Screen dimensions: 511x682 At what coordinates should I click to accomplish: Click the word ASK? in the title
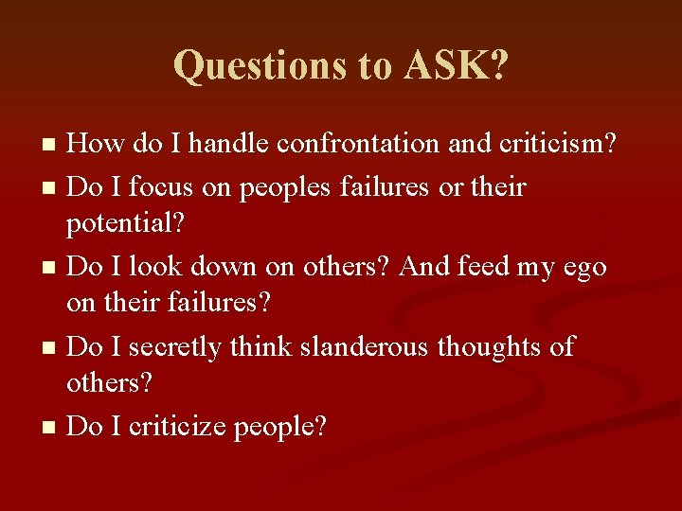pos(456,65)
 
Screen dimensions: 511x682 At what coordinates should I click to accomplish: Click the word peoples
pos(281,186)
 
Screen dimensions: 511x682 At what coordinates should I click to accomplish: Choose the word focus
pos(159,186)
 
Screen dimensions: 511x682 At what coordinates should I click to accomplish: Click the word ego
pos(584,268)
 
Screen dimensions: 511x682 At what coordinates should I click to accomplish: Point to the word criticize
pos(176,427)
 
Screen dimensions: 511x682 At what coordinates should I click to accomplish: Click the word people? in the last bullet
pos(280,428)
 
